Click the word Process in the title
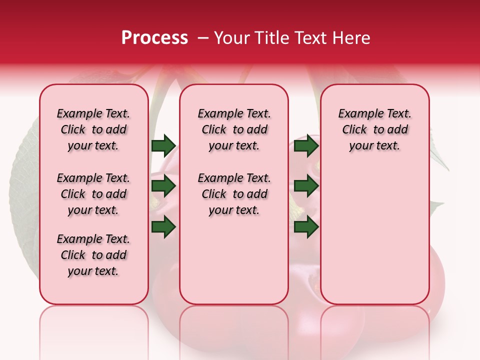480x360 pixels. tap(154, 38)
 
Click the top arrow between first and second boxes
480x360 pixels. tap(163, 145)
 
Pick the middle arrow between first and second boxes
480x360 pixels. tap(163, 186)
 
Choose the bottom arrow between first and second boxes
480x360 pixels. tap(163, 226)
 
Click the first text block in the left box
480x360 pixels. tap(93, 129)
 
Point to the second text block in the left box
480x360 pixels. tap(93, 194)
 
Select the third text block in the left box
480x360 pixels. tap(93, 255)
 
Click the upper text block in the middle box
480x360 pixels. tap(234, 129)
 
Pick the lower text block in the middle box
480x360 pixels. tap(234, 194)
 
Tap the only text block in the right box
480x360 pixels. tap(374, 129)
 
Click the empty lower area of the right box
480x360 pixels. tap(374, 240)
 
